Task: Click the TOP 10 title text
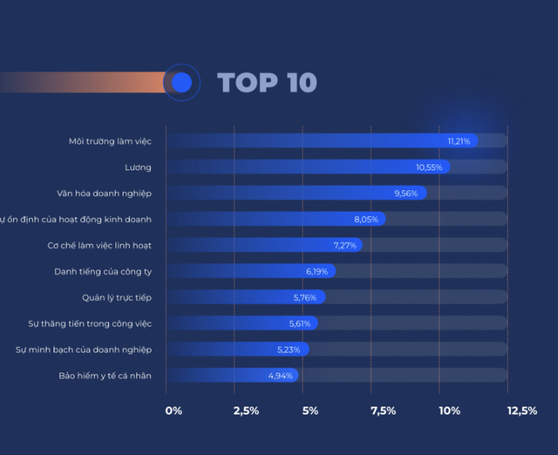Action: [267, 83]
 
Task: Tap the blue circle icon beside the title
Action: [181, 83]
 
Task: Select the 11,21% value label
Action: [459, 140]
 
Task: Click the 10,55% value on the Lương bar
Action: [430, 166]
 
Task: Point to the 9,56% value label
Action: [407, 193]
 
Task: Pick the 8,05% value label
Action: [366, 219]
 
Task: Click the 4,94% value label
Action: [281, 376]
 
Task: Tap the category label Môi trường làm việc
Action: [110, 140]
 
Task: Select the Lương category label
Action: [139, 166]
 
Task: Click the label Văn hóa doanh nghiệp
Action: [103, 193]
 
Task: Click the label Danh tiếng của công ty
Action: [103, 271]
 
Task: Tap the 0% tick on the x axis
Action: [174, 411]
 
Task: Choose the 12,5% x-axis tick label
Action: [522, 411]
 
